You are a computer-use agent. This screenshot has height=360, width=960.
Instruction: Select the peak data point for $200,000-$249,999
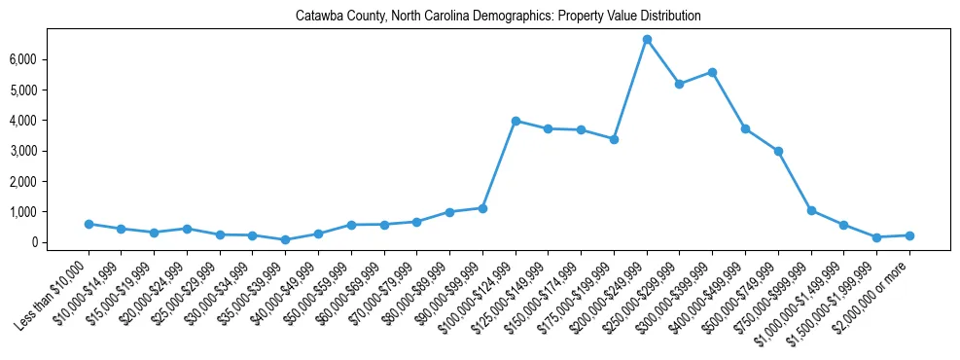tap(647, 40)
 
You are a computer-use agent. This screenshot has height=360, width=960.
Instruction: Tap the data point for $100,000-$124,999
tap(516, 121)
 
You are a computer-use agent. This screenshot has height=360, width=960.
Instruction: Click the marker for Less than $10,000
tap(89, 224)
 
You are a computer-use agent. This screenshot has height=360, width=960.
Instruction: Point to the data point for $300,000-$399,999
tap(713, 72)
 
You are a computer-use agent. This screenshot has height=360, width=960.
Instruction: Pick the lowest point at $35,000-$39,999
tap(285, 239)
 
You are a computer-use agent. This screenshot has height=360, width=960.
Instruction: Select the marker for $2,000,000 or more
tap(909, 235)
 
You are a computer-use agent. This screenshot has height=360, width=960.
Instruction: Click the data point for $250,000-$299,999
tap(680, 84)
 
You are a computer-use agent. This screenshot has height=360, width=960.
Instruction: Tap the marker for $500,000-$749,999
tap(778, 151)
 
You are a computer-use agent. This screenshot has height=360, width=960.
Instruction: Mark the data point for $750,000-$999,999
tap(811, 210)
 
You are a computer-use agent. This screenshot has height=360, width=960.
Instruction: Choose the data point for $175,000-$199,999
tap(614, 139)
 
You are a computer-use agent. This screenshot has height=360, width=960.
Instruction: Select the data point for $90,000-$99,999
tap(482, 208)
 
